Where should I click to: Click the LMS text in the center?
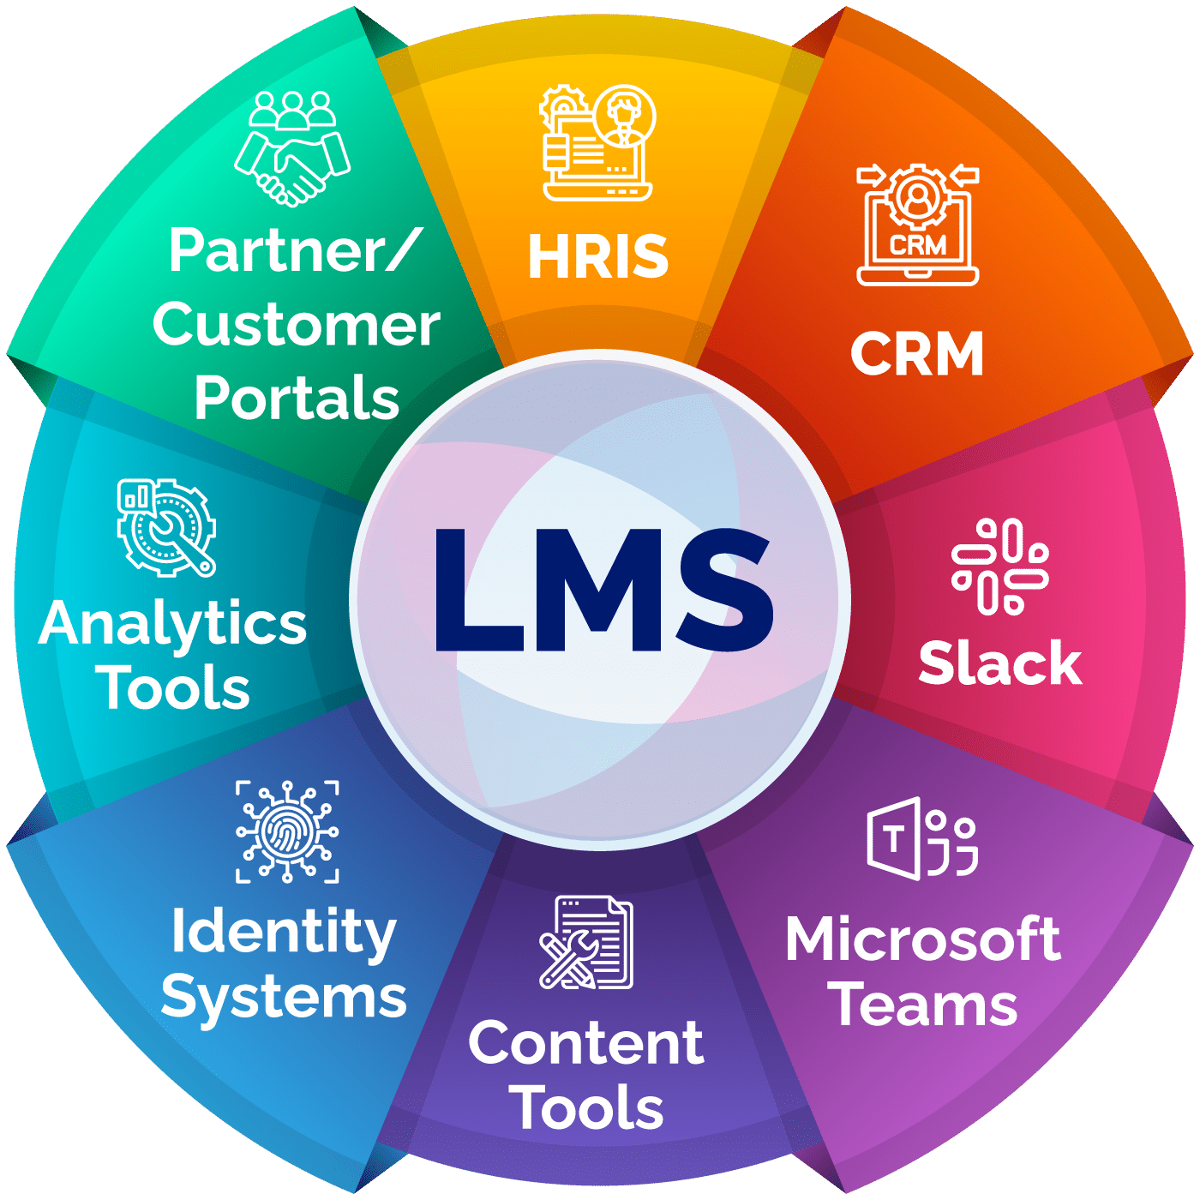click(x=603, y=591)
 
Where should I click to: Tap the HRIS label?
click(x=598, y=256)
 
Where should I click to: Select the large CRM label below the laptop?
click(x=917, y=354)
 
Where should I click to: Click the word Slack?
click(x=1000, y=663)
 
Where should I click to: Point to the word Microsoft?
click(x=923, y=939)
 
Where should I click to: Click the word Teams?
click(x=926, y=1005)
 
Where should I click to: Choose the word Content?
click(x=586, y=1043)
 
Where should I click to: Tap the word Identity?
click(x=284, y=933)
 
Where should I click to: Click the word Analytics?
click(x=173, y=625)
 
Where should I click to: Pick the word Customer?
click(x=297, y=326)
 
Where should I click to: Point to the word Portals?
click(x=297, y=399)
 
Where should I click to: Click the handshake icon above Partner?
click(x=293, y=147)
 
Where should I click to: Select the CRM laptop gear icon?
click(x=918, y=225)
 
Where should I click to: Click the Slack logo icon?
click(x=1000, y=567)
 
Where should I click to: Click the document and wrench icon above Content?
click(x=586, y=942)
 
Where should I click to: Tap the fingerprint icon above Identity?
click(x=287, y=831)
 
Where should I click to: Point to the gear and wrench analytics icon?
click(x=166, y=527)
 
